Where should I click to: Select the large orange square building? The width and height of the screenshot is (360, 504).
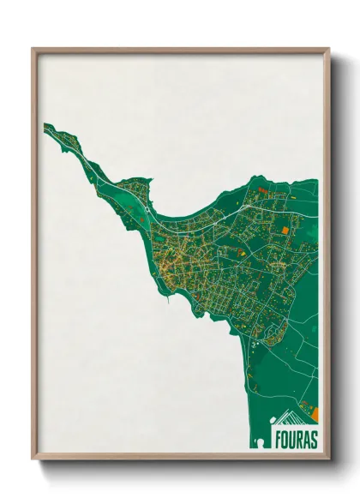285,229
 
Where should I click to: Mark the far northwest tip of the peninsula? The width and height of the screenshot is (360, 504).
46,127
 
